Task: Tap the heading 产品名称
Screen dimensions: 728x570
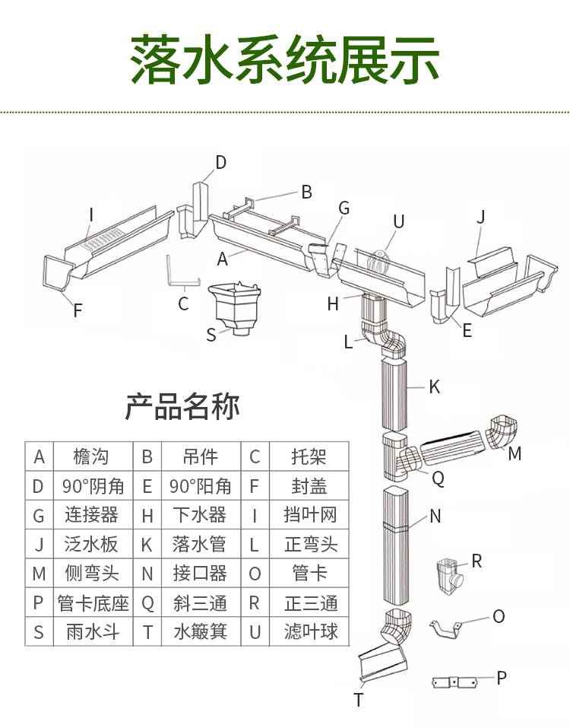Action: tap(182, 407)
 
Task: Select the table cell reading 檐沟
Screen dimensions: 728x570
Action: tap(91, 456)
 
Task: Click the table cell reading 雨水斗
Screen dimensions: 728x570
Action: tap(91, 631)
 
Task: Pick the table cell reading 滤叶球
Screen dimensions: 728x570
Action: tap(310, 631)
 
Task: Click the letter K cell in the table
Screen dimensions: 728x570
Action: tap(147, 545)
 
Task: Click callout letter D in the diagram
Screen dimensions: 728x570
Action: tap(220, 162)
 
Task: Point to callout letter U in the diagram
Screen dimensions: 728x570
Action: tap(398, 221)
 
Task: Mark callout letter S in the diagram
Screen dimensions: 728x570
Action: tap(211, 335)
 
